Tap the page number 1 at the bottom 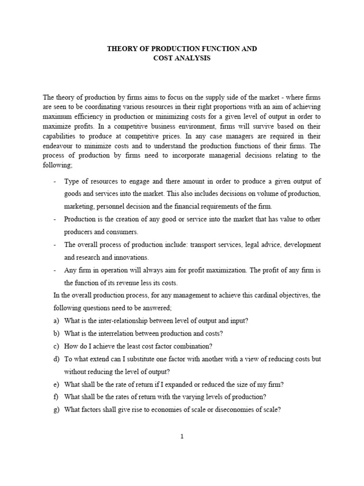point(182,437)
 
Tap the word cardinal point(259,295)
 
